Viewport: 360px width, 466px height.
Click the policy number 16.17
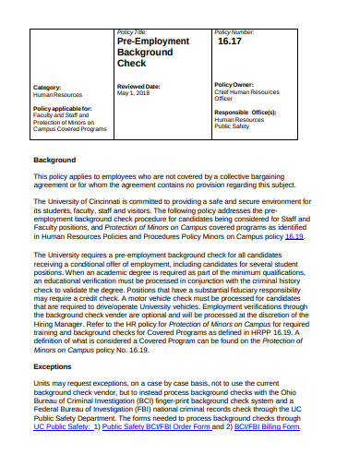point(229,42)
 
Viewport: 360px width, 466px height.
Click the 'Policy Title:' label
point(133,31)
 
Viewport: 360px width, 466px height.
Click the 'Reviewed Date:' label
point(138,86)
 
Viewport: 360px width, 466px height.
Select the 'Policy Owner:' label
point(235,84)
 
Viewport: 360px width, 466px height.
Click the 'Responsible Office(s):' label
point(245,112)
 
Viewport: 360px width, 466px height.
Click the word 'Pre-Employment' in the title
point(153,42)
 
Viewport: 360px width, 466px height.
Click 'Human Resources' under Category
point(57,94)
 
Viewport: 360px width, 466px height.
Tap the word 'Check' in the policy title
point(132,65)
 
